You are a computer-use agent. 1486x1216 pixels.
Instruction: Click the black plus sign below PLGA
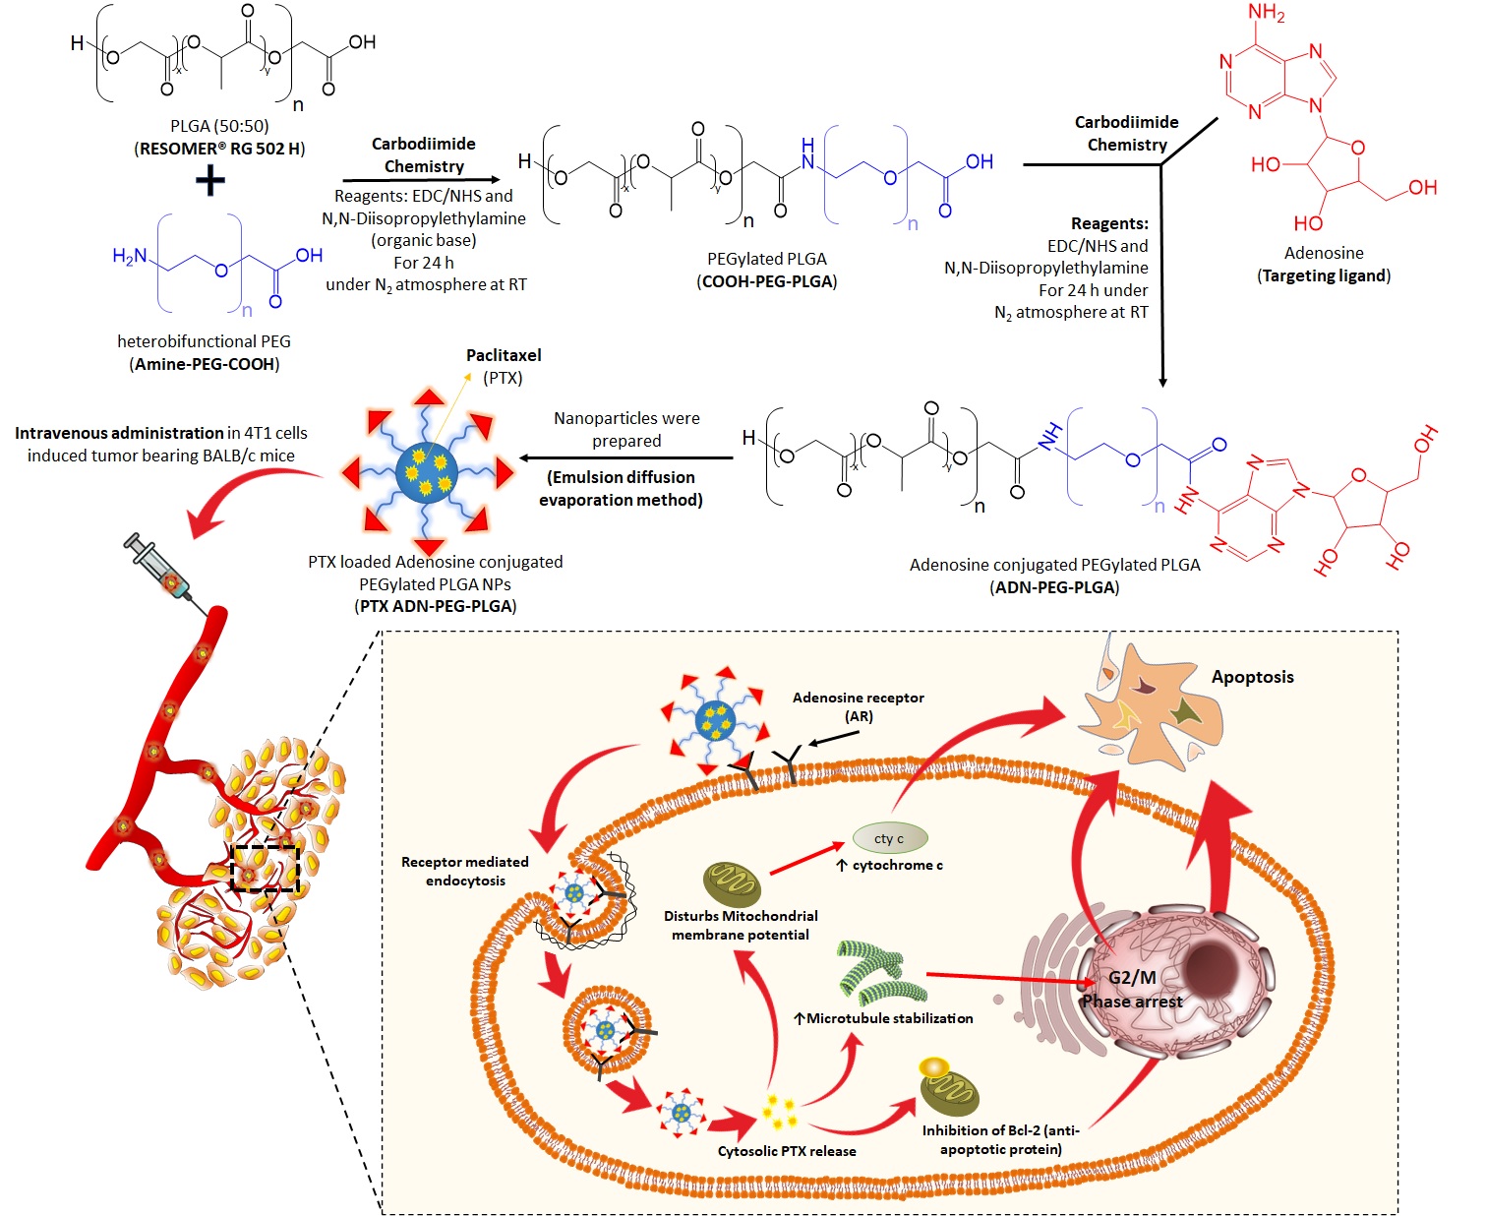[209, 181]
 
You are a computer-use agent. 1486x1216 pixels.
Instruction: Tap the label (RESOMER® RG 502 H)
[219, 149]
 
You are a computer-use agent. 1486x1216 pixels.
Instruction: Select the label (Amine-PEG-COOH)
[205, 364]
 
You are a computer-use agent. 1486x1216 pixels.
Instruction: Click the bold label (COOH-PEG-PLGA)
[767, 281]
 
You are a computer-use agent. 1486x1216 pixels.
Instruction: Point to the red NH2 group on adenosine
[1266, 14]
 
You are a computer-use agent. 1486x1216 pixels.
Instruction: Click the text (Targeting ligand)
[1324, 275]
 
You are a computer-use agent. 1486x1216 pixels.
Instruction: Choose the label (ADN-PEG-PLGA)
[1054, 587]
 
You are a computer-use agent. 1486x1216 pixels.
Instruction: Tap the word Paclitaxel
[504, 355]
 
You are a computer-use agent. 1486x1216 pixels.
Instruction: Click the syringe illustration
[163, 568]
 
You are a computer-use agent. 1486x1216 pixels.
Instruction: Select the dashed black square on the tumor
[265, 867]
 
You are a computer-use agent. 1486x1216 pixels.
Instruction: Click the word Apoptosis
[1252, 677]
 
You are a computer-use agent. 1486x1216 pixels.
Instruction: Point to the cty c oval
[889, 838]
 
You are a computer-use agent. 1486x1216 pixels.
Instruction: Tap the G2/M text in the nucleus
[1132, 977]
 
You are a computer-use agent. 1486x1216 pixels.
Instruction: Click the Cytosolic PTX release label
[787, 1151]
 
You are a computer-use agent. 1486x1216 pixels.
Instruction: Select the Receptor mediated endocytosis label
[465, 871]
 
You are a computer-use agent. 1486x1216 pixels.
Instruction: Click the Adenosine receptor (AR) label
[859, 706]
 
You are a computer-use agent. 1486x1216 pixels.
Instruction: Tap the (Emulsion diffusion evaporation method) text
[621, 488]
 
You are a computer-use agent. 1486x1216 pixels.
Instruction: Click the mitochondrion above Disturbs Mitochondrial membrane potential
[732, 884]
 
